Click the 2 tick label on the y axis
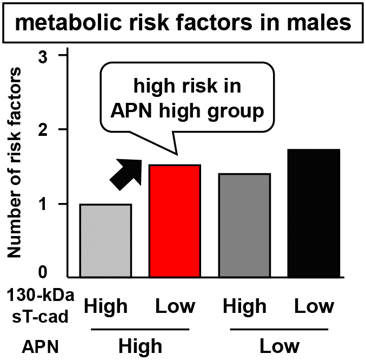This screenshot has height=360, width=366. (x=46, y=129)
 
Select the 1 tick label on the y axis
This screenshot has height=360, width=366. (x=46, y=204)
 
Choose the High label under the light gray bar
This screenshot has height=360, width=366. (x=106, y=306)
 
